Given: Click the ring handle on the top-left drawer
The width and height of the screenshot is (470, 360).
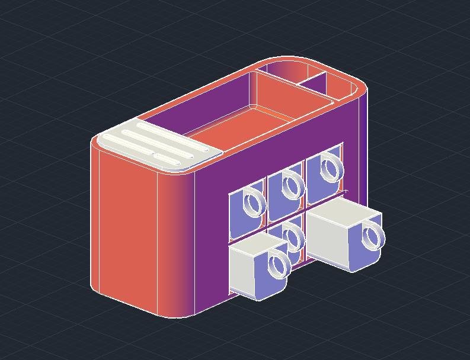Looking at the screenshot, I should click(x=254, y=204).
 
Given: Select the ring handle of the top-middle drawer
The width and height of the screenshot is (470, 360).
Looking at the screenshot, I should click(x=292, y=185).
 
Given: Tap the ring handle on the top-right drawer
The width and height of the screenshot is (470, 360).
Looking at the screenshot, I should click(x=331, y=167).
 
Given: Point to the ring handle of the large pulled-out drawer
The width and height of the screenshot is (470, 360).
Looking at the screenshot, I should click(x=373, y=236).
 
